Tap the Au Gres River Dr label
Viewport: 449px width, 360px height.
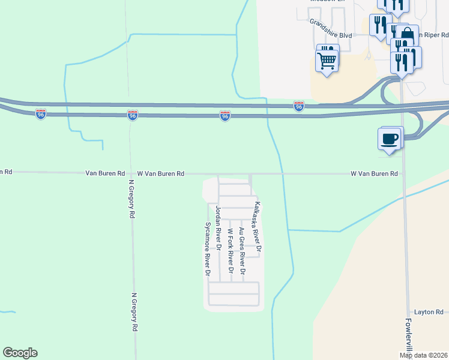[x=242, y=251]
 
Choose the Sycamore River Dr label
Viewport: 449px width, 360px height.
[x=208, y=248]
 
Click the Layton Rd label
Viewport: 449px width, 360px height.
[x=429, y=313]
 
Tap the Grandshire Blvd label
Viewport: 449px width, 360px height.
[x=330, y=29]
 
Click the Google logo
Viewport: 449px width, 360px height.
[x=20, y=353]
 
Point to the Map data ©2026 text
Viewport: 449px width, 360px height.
[x=424, y=355]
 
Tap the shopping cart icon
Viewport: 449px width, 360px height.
[x=327, y=59]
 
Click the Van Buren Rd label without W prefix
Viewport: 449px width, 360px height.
[x=105, y=173]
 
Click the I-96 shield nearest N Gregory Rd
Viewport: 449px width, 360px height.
[x=133, y=115]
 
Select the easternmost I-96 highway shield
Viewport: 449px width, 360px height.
[x=299, y=106]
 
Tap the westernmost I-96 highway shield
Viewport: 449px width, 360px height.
[x=41, y=114]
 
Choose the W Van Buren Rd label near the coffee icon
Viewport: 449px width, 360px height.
[x=375, y=173]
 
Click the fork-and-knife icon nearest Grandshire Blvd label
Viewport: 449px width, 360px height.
[x=380, y=25]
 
